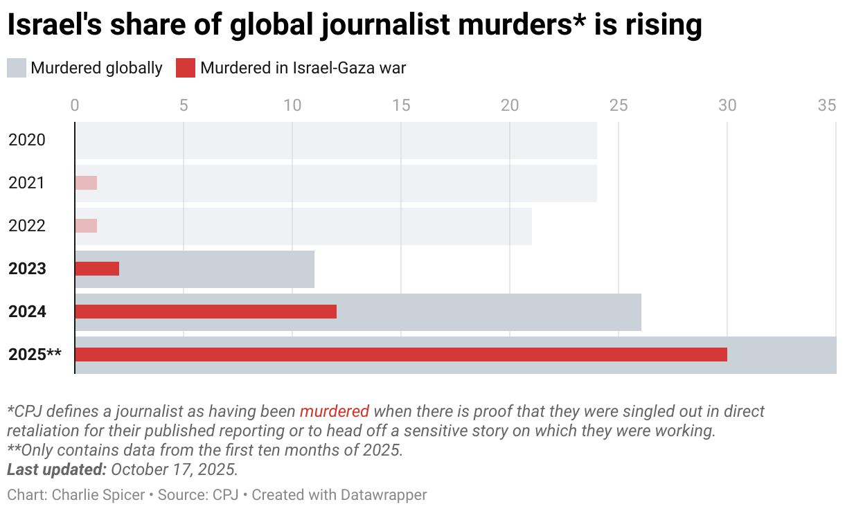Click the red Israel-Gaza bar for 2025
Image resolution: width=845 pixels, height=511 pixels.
coord(400,355)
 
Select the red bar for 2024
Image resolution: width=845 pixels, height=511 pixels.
coord(205,312)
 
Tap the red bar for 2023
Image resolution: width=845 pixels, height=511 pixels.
coord(97,269)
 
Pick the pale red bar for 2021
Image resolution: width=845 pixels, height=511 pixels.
coord(86,183)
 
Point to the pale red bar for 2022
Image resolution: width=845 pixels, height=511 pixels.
coord(86,226)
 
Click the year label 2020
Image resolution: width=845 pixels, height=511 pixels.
coord(27,140)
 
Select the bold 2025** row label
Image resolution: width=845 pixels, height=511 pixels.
coord(35,355)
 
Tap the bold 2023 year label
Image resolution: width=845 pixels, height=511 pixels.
coord(27,269)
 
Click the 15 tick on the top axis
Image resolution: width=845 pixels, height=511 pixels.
coord(401,105)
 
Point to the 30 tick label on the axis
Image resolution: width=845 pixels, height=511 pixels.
coord(727,105)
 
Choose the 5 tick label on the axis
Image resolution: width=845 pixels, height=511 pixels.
coord(184,105)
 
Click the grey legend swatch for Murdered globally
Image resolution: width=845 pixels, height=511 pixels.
coord(17,68)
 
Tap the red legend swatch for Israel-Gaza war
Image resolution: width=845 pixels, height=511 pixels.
coord(186,68)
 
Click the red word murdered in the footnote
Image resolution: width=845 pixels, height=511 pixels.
coord(335,411)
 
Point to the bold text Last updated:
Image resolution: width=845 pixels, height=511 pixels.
coord(56,469)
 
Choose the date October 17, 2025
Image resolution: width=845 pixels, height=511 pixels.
coord(175,469)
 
